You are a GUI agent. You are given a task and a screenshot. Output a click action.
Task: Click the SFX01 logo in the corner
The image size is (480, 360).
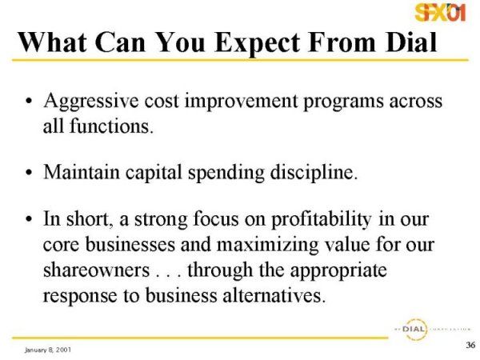click(x=440, y=12)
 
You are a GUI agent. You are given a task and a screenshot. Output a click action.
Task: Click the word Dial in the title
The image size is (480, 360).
click(x=411, y=42)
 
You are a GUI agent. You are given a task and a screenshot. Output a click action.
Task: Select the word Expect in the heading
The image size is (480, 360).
click(x=258, y=43)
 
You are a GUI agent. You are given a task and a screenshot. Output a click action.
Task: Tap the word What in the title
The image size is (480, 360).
click(x=53, y=42)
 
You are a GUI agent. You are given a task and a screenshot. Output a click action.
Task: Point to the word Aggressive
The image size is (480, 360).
click(x=91, y=102)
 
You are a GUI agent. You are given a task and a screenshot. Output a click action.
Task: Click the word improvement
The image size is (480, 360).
click(x=242, y=102)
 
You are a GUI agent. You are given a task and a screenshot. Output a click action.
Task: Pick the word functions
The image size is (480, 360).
click(x=111, y=126)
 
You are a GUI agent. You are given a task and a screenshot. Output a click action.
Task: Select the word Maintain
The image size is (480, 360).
click(x=82, y=172)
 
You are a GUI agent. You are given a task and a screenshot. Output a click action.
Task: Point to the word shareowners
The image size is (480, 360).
click(x=97, y=270)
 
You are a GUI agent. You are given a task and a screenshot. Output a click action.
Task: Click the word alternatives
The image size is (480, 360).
click(x=274, y=296)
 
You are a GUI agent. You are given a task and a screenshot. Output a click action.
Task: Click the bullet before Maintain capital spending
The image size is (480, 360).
click(x=29, y=173)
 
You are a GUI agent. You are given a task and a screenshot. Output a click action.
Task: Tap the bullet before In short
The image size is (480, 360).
click(x=29, y=219)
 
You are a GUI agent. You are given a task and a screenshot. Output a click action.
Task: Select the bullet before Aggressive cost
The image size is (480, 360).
click(x=29, y=101)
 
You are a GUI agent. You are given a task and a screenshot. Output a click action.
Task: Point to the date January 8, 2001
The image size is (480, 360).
click(x=48, y=350)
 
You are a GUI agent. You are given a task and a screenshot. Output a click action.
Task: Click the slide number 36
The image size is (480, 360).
click(x=470, y=345)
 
